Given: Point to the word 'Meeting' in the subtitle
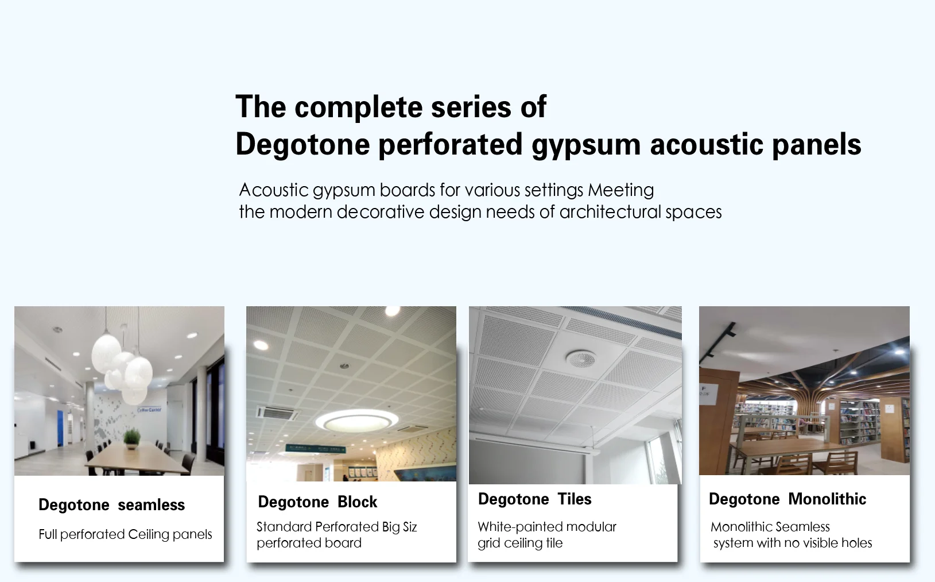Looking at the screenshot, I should [x=620, y=190].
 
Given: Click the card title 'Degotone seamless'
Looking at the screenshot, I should [x=111, y=505].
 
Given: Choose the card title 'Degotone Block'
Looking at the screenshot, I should [x=317, y=502].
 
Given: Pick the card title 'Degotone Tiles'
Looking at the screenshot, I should [x=534, y=499].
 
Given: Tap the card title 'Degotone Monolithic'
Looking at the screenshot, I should [x=787, y=499].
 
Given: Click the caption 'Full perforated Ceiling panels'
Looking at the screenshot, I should [x=125, y=534].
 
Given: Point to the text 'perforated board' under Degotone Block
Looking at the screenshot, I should [x=309, y=543].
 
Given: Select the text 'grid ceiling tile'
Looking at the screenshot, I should [x=520, y=543].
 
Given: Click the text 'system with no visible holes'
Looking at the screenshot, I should [x=792, y=543].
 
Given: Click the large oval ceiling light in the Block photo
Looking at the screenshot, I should [x=357, y=421].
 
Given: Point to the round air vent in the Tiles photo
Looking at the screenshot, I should [x=581, y=359].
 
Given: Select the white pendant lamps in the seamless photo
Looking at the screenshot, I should [x=123, y=368].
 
